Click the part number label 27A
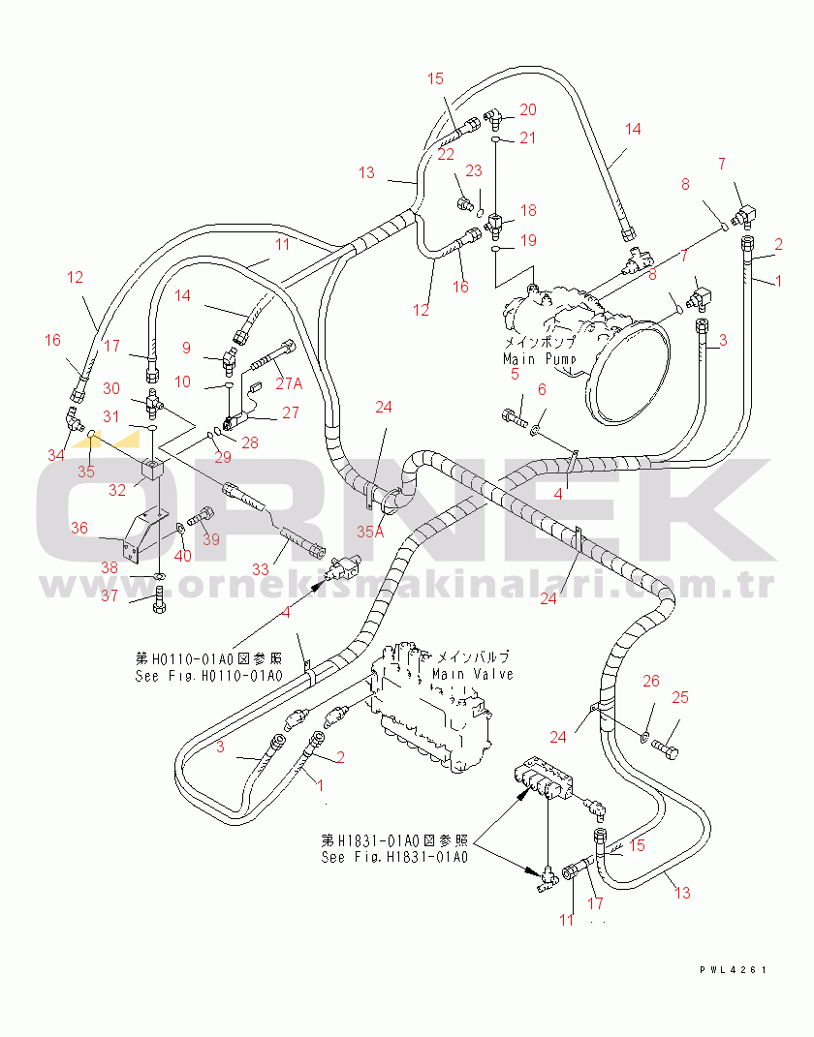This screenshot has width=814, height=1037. (290, 383)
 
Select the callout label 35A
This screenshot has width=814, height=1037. (370, 531)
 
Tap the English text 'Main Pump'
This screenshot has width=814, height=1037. (539, 359)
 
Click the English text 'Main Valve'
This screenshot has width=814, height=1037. (472, 674)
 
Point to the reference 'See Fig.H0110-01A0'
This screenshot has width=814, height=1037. (208, 676)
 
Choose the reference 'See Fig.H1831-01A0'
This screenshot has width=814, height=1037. (395, 857)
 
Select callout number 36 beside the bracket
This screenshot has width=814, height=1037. (78, 528)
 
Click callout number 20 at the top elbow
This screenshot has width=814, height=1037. (528, 109)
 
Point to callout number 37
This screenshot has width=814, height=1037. (110, 595)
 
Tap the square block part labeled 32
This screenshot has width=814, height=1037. (152, 471)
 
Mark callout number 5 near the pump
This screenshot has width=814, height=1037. (515, 373)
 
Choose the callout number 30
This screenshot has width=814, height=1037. (111, 388)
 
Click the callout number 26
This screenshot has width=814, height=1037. (651, 681)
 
